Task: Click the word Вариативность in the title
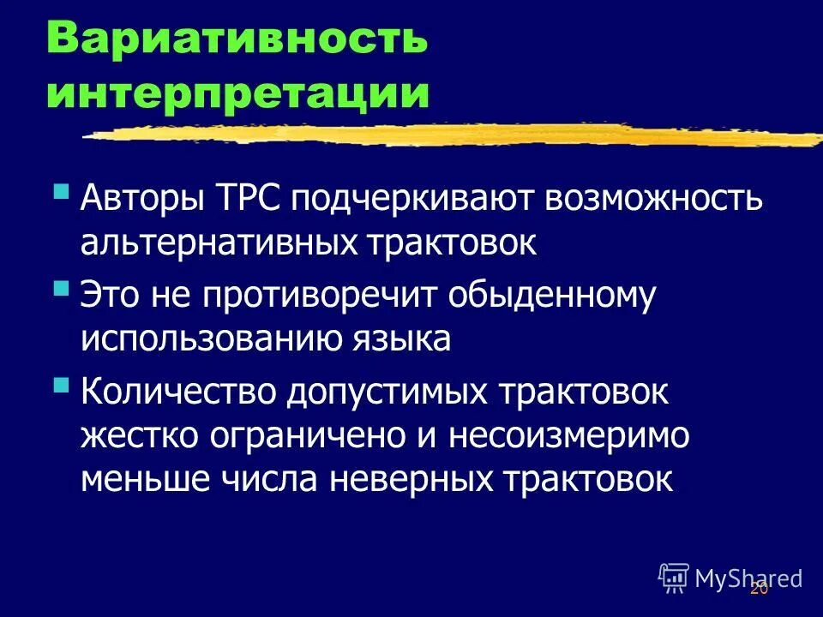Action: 236,39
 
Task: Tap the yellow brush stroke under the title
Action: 454,135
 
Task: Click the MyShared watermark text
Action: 748,578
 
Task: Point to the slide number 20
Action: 759,590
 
